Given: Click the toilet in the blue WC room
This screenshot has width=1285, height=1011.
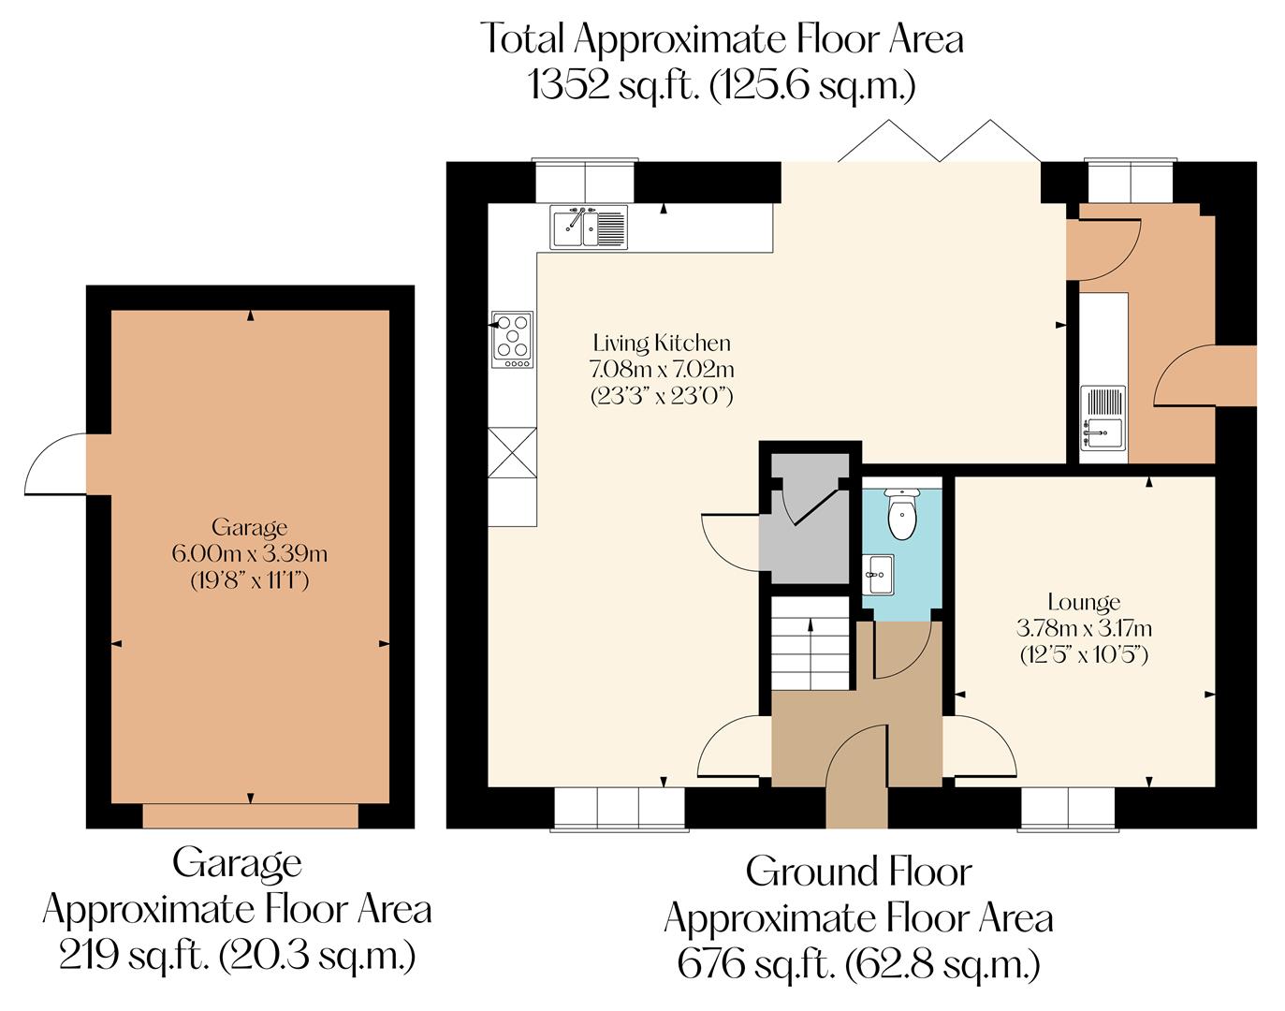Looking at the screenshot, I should click(902, 517).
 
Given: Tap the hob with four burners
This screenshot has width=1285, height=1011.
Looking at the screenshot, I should click(512, 338).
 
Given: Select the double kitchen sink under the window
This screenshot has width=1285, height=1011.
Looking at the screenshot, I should click(589, 227).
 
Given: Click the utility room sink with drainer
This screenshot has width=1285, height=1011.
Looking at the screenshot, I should click(1103, 418).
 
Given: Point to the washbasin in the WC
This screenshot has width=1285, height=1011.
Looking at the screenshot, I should click(879, 572).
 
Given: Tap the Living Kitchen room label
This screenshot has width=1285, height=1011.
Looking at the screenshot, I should click(661, 343).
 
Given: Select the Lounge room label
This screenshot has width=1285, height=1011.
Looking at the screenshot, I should click(1084, 602).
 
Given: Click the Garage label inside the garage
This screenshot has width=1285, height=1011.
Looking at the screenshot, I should click(249, 527).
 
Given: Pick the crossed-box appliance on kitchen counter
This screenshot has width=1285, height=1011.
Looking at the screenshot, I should click(512, 453).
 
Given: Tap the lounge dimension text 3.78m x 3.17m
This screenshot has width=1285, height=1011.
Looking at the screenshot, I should click(1084, 627).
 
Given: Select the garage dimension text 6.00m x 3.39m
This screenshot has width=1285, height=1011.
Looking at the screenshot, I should click(249, 553).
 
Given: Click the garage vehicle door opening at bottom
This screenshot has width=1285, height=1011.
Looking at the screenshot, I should click(250, 815).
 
